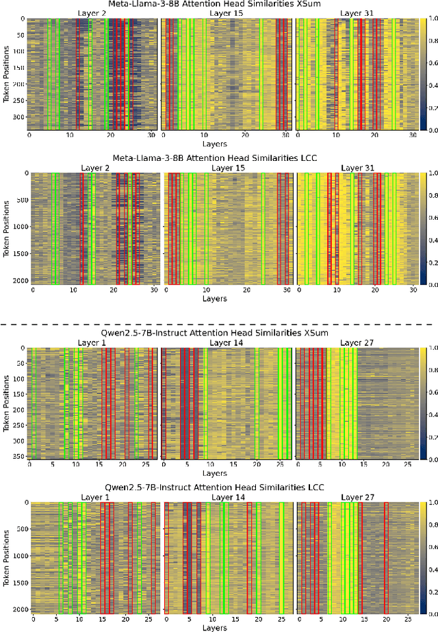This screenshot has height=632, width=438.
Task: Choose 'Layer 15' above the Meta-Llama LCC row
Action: coord(228,168)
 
